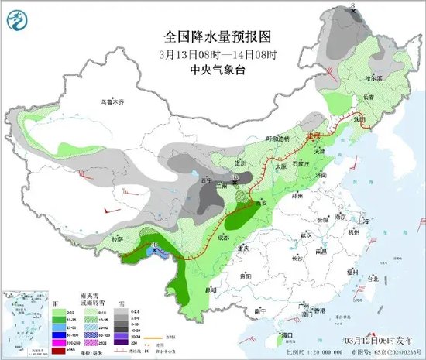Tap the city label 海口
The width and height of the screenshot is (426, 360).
click(287, 334)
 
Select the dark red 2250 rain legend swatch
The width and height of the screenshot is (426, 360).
click(57, 351)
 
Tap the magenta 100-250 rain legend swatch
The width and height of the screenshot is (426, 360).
click(57, 339)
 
